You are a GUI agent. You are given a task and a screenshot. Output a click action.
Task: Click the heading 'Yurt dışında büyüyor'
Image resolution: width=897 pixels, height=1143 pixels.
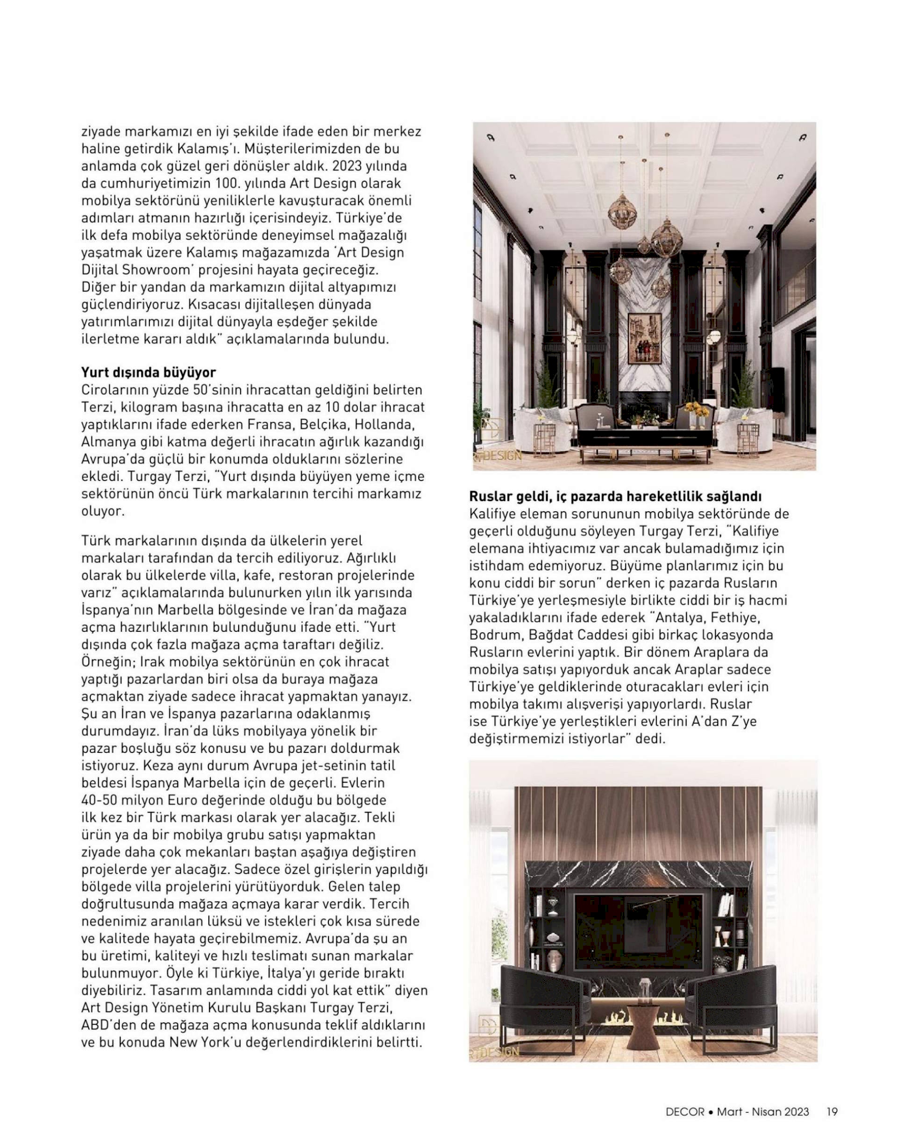pyautogui.click(x=148, y=372)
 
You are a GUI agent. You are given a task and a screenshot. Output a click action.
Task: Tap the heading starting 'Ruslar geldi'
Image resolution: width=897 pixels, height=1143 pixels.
pyautogui.click(x=615, y=496)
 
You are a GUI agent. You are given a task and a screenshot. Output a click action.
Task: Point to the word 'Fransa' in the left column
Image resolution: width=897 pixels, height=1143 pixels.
pyautogui.click(x=266, y=424)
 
